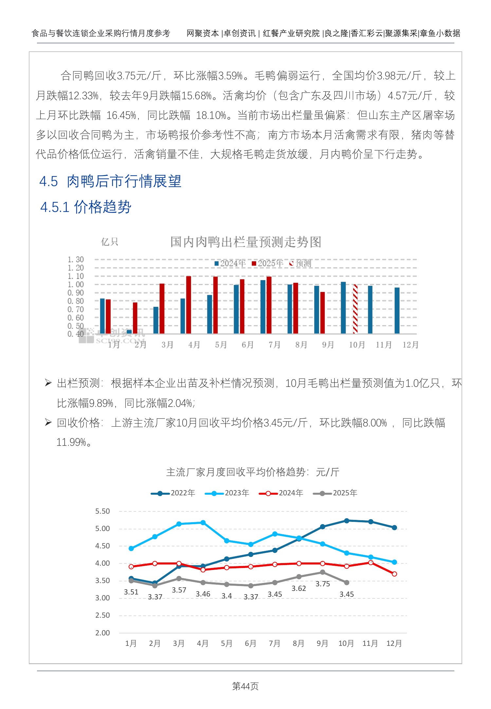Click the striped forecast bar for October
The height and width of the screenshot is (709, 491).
pyautogui.click(x=355, y=309)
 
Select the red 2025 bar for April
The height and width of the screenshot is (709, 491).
pyautogui.click(x=189, y=305)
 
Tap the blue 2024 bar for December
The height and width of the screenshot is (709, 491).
pyautogui.click(x=397, y=310)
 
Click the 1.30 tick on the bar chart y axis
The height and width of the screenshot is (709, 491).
pyautogui.click(x=76, y=259)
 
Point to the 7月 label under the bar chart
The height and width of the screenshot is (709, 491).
pyautogui.click(x=274, y=345)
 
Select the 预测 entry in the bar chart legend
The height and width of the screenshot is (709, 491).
pyautogui.click(x=300, y=263)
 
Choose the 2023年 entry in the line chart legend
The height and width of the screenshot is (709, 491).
pyautogui.click(x=227, y=493)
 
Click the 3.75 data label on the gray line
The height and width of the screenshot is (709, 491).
pyautogui.click(x=322, y=584)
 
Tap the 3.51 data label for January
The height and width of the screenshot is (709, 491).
pyautogui.click(x=131, y=592)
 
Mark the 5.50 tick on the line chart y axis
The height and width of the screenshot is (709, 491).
pyautogui.click(x=102, y=511)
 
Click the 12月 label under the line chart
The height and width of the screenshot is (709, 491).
pyautogui.click(x=394, y=643)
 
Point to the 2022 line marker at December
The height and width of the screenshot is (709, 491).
pyautogui.click(x=394, y=527)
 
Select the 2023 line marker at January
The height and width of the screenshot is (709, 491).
pyautogui.click(x=131, y=548)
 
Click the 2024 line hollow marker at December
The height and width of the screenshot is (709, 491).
pyautogui.click(x=394, y=574)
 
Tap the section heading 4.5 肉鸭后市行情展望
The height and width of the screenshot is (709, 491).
pyautogui.click(x=110, y=181)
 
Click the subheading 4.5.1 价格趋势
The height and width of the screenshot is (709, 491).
pyautogui.click(x=86, y=207)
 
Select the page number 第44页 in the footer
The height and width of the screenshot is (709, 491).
pyautogui.click(x=245, y=686)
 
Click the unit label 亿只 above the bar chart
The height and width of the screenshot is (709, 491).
pyautogui.click(x=109, y=242)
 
